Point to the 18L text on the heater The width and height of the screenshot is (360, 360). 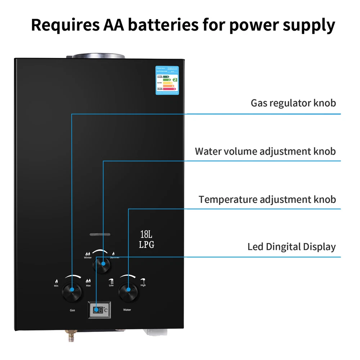[x=147, y=234]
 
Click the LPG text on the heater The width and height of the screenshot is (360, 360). [x=147, y=245]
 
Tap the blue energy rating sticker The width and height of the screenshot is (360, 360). [x=167, y=80]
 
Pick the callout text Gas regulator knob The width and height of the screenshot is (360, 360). [x=293, y=103]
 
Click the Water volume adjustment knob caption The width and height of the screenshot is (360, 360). [x=265, y=151]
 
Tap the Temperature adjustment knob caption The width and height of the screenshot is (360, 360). [x=267, y=199]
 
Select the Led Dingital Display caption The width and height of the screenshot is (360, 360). [x=291, y=247]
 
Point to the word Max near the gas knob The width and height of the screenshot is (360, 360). [x=88, y=285]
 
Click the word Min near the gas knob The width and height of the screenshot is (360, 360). [x=56, y=285]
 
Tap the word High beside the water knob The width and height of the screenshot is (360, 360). [x=143, y=285]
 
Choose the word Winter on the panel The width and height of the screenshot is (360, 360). [x=88, y=258]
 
